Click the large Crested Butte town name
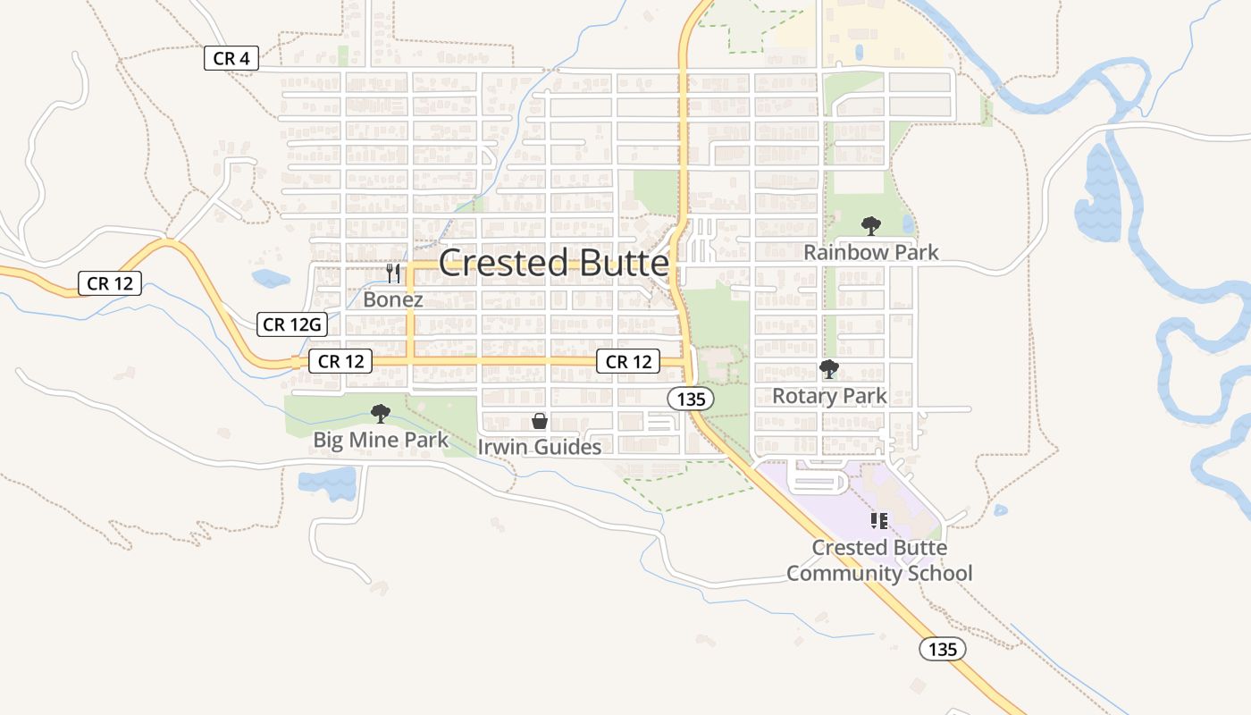click(553, 264)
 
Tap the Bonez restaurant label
click(392, 299)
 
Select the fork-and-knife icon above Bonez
click(393, 272)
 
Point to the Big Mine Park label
click(381, 440)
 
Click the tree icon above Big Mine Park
click(381, 413)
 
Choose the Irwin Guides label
click(540, 447)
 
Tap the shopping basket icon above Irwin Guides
click(540, 420)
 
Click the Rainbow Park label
click(871, 252)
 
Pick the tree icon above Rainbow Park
click(870, 226)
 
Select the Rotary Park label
click(829, 396)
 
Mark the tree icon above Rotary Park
click(829, 368)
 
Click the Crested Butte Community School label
click(879, 560)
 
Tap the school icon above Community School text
click(878, 520)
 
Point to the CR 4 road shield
click(231, 59)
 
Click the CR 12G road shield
click(292, 324)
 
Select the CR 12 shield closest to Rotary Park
click(628, 361)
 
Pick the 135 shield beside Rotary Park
click(691, 399)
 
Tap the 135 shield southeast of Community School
click(943, 649)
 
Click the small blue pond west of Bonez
click(271, 278)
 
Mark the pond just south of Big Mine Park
click(328, 484)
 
